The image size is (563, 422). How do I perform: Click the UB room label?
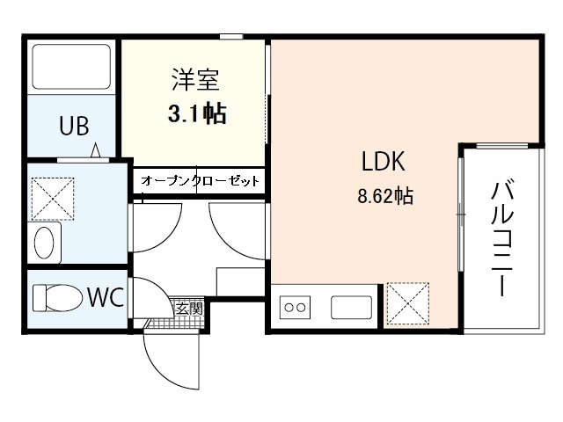74,127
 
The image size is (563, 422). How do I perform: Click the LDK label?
383,163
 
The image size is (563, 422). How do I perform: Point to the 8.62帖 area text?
384,196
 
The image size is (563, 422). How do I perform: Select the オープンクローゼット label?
201,180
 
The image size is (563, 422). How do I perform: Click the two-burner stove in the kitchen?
295,309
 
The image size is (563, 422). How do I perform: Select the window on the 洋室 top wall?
231,36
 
